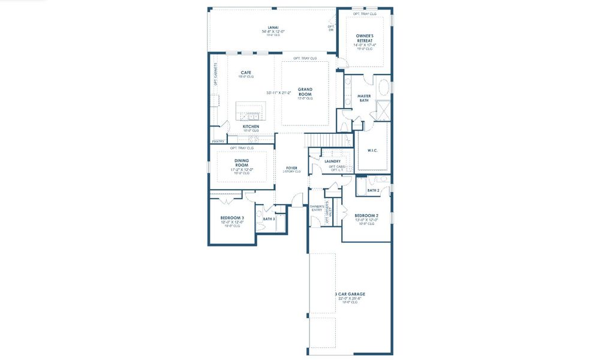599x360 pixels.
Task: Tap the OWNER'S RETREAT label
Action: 365,38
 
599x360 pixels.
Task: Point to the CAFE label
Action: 246,73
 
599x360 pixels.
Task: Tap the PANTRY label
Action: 218,142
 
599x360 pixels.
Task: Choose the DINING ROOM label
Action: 242,163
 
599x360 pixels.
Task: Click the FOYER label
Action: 291,168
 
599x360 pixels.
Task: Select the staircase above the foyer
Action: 328,140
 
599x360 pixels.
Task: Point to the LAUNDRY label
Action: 332,161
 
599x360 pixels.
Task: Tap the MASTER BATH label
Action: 364,98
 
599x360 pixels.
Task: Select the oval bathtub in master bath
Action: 385,85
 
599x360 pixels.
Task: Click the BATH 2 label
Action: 373,190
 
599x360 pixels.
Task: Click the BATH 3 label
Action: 269,219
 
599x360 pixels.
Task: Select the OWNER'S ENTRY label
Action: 316,208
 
